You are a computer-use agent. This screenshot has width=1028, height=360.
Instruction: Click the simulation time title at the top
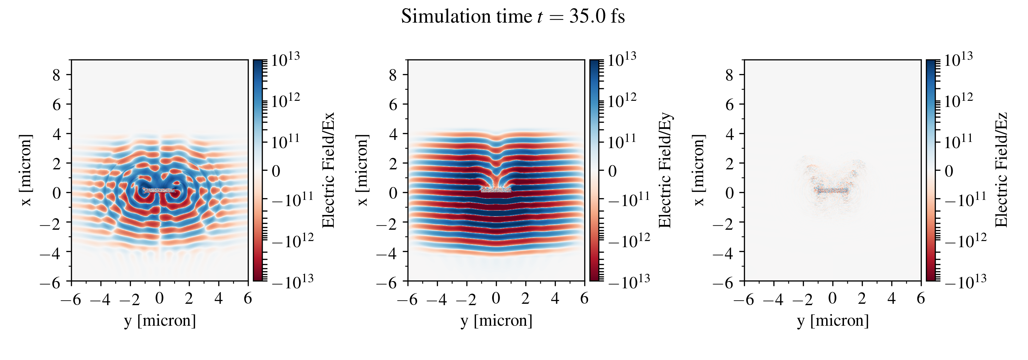(513, 17)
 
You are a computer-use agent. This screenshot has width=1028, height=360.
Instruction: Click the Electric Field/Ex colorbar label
(328, 170)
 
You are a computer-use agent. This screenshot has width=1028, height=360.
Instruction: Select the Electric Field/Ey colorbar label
(665, 170)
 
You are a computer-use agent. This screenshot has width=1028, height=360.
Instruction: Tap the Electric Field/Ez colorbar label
(1001, 170)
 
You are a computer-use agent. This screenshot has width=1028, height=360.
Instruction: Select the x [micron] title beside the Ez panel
(699, 170)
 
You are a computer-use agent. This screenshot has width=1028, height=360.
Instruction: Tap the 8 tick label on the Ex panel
(56, 75)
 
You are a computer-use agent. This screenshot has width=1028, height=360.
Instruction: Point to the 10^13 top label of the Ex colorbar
(285, 60)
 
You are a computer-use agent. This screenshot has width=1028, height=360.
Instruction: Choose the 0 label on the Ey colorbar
(612, 171)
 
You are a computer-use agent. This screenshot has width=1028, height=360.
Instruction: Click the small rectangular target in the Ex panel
(159, 190)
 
